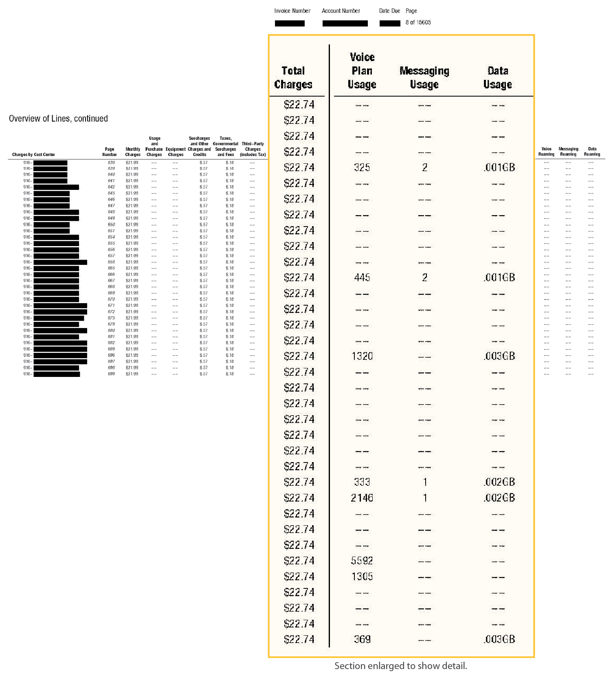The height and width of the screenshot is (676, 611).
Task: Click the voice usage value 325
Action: (362, 167)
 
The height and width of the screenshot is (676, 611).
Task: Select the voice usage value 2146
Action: (362, 498)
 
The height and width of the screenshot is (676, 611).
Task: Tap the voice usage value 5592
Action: (362, 561)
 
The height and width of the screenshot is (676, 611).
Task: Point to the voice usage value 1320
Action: (362, 357)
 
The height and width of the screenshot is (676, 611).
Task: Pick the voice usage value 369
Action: (362, 639)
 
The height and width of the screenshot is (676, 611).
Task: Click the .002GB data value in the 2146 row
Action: (499, 498)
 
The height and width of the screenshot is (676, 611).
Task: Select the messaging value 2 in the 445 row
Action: (424, 278)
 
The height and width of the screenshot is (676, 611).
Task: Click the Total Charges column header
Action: (293, 77)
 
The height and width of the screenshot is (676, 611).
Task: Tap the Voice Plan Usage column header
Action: (362, 70)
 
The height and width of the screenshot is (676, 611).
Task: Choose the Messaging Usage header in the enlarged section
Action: (424, 77)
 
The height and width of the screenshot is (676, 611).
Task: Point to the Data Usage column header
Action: (497, 77)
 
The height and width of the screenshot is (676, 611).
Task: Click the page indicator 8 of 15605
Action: (418, 22)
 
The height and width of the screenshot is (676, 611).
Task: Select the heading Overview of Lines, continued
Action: (58, 119)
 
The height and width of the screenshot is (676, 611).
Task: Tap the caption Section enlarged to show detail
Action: (400, 666)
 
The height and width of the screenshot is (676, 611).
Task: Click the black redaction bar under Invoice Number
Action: (290, 23)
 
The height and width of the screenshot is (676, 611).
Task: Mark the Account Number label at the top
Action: (341, 11)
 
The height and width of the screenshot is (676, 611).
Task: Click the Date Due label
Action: (389, 11)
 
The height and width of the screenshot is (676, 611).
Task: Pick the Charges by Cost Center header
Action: (33, 154)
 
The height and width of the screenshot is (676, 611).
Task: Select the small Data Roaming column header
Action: (592, 152)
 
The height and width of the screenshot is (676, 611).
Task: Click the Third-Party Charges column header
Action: (253, 149)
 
